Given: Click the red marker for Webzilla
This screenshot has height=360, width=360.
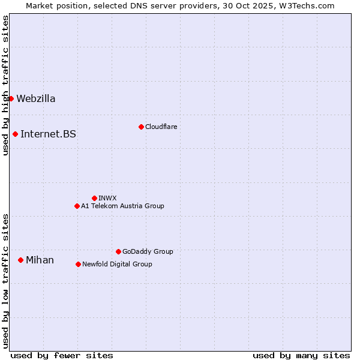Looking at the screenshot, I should (11, 98).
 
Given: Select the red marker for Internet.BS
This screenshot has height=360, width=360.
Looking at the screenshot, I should (15, 134).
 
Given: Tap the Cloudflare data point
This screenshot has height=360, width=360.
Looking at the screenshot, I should (141, 127).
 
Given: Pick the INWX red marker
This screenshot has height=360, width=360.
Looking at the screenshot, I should (94, 198).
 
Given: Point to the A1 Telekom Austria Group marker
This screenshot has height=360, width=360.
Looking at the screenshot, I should (77, 206).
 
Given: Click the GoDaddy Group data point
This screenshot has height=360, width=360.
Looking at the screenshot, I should (118, 251).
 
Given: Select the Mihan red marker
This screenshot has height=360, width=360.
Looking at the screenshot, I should (20, 260).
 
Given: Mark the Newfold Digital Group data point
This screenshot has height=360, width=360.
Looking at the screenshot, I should (78, 264).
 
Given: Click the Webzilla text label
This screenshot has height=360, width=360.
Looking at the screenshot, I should (36, 99).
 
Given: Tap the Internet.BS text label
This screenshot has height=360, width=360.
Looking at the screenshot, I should (48, 134).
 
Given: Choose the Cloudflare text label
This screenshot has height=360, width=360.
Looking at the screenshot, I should (161, 127).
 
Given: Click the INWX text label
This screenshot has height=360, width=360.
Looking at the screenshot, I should (107, 199).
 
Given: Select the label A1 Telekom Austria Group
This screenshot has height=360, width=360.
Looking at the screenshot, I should (122, 206).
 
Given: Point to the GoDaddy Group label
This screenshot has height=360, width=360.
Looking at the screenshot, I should (148, 252).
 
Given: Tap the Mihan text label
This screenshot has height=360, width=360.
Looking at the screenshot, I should (40, 260).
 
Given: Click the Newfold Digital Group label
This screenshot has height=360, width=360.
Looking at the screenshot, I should (117, 265).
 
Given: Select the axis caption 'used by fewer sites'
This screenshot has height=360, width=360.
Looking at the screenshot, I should (62, 355).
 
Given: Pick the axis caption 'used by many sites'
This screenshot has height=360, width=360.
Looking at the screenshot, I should (301, 355).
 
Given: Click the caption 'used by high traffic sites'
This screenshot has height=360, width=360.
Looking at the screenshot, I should (5, 85).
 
